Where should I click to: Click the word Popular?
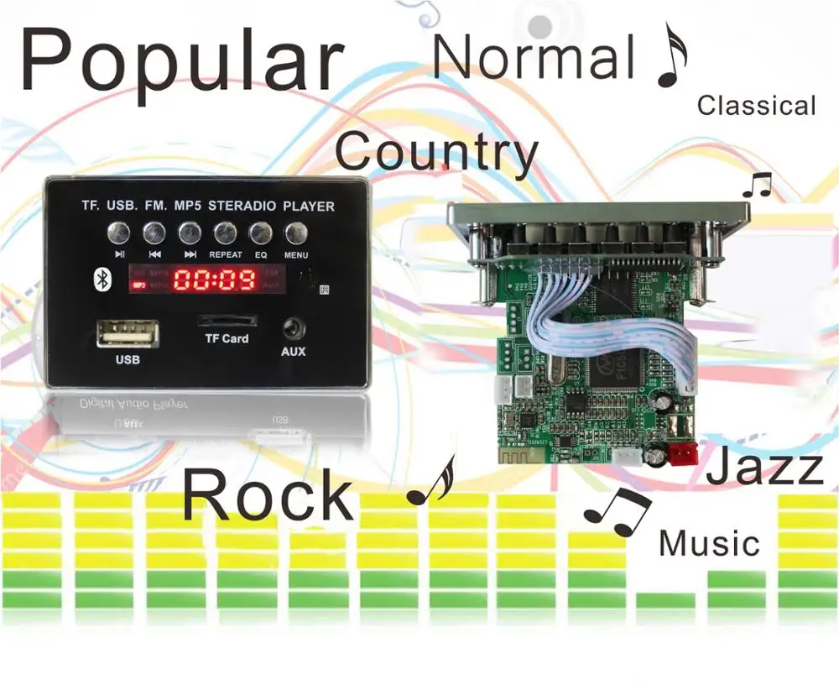click(x=181, y=60)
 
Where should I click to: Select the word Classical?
click(x=756, y=106)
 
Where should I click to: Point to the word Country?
click(x=435, y=154)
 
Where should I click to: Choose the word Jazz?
click(x=764, y=468)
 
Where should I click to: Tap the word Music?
click(x=709, y=543)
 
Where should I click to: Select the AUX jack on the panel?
click(x=293, y=328)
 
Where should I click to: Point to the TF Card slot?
click(x=227, y=322)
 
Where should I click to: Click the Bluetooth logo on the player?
click(x=102, y=279)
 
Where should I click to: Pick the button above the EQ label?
click(x=260, y=233)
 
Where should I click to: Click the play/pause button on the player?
click(x=120, y=233)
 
